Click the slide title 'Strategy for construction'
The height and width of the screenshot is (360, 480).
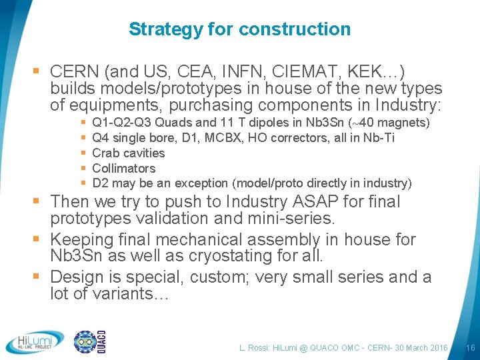point(239,29)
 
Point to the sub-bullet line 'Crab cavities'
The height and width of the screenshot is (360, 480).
point(128,153)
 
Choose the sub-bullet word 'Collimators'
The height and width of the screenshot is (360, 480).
point(123,168)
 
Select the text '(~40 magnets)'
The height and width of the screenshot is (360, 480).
point(389,123)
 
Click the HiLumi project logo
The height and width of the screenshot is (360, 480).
point(35,342)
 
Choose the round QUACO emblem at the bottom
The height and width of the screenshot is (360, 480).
point(85,342)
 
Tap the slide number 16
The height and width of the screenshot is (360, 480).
point(470,348)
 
